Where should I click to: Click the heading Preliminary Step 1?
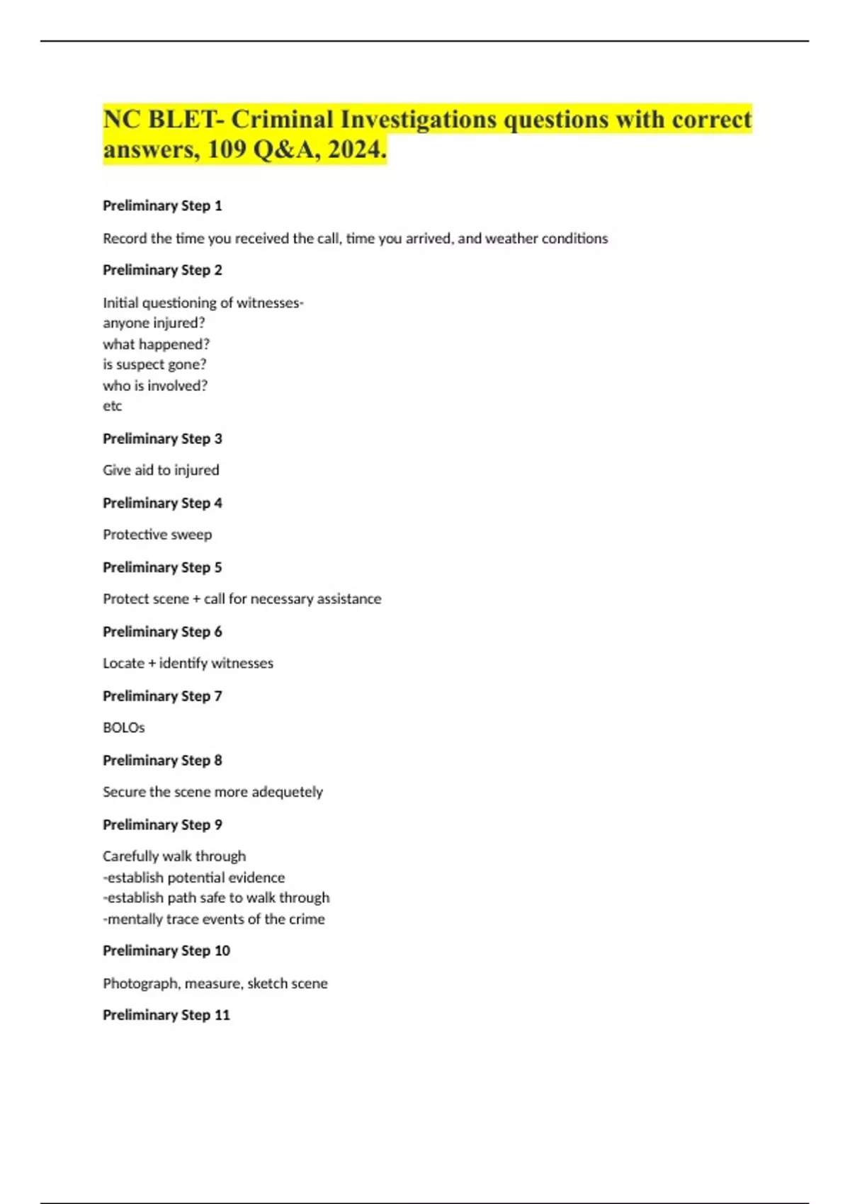(x=162, y=206)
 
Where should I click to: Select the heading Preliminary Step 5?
(x=162, y=567)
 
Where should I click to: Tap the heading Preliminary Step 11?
(x=166, y=1015)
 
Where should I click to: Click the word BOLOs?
(x=124, y=727)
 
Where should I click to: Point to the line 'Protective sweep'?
(x=157, y=535)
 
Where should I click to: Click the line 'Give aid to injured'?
(x=161, y=470)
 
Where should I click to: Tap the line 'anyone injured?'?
(x=154, y=323)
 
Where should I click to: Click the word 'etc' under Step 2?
(x=113, y=406)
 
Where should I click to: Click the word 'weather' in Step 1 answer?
(x=511, y=239)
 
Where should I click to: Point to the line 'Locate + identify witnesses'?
(x=188, y=664)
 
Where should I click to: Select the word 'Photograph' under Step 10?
(x=140, y=984)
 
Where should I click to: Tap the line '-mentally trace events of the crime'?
(x=214, y=919)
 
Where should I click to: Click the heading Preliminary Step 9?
(x=162, y=824)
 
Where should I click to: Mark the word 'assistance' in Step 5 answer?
(x=348, y=599)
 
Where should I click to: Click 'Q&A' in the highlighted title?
(x=285, y=149)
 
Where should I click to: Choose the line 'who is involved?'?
(x=155, y=386)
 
